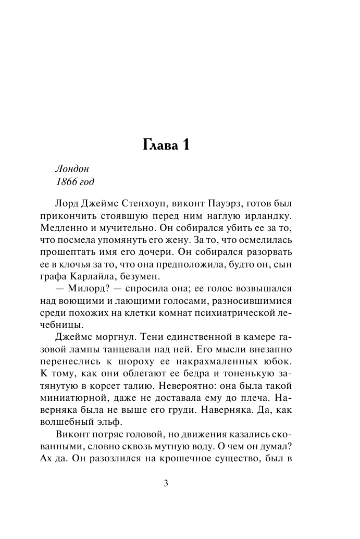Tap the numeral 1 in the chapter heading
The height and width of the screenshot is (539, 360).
click(x=185, y=146)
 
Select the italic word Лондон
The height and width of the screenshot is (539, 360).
click(x=72, y=169)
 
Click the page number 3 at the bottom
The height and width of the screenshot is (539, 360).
click(x=166, y=483)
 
